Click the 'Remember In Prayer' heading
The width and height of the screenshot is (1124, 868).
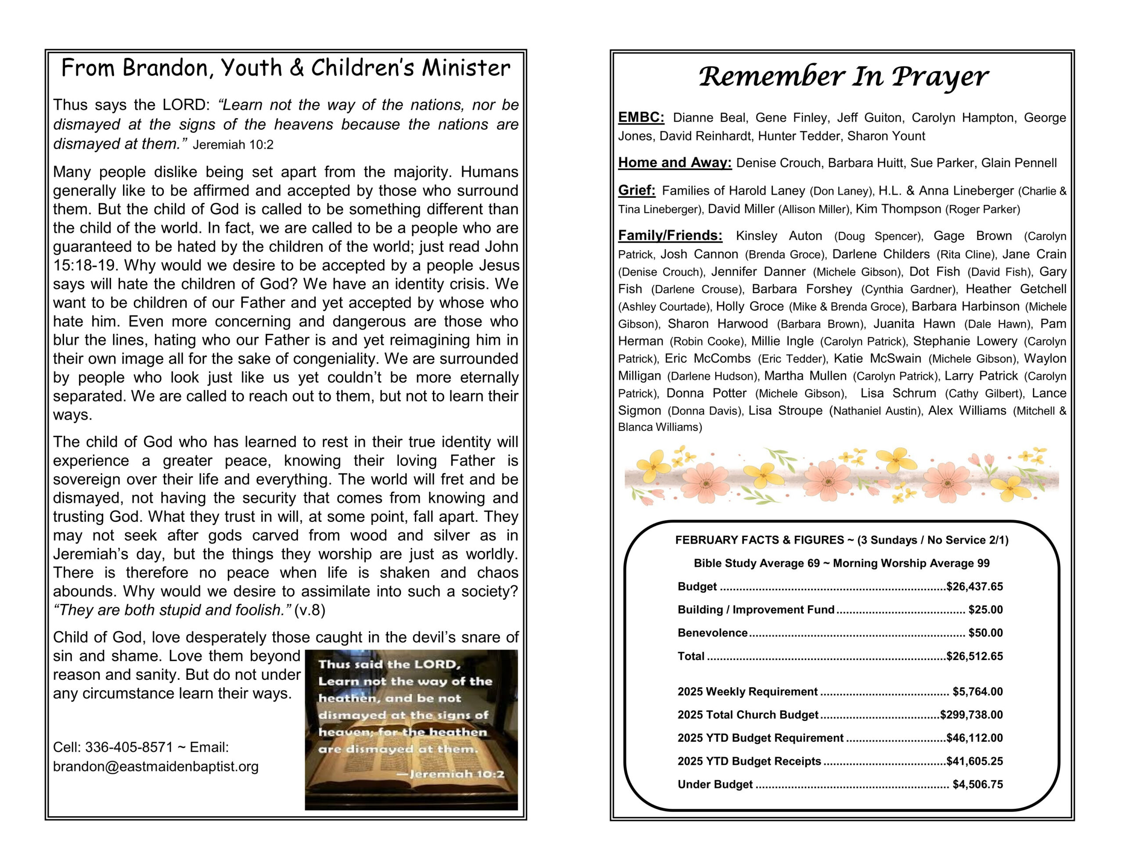click(843, 77)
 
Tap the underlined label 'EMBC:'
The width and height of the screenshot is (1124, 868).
click(641, 117)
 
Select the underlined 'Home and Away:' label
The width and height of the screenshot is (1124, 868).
click(674, 163)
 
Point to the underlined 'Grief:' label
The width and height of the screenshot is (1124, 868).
click(637, 190)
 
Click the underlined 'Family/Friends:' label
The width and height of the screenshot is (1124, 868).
click(670, 235)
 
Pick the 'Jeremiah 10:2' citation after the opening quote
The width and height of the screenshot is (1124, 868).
click(233, 144)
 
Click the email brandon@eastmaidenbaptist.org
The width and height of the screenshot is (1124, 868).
click(155, 767)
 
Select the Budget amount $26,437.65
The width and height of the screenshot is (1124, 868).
click(974, 587)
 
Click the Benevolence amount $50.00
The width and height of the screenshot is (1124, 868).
click(985, 633)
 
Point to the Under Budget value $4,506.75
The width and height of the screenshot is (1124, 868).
click(977, 784)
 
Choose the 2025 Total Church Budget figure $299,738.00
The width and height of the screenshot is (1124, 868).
click(971, 715)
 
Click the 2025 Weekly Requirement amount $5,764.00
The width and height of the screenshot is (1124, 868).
click(977, 692)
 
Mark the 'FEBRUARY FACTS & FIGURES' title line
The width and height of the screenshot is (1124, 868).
click(841, 540)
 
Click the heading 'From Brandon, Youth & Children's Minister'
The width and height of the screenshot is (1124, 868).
click(286, 68)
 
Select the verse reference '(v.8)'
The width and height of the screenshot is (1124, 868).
click(310, 610)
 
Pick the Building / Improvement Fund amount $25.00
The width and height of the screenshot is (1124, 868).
click(985, 610)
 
